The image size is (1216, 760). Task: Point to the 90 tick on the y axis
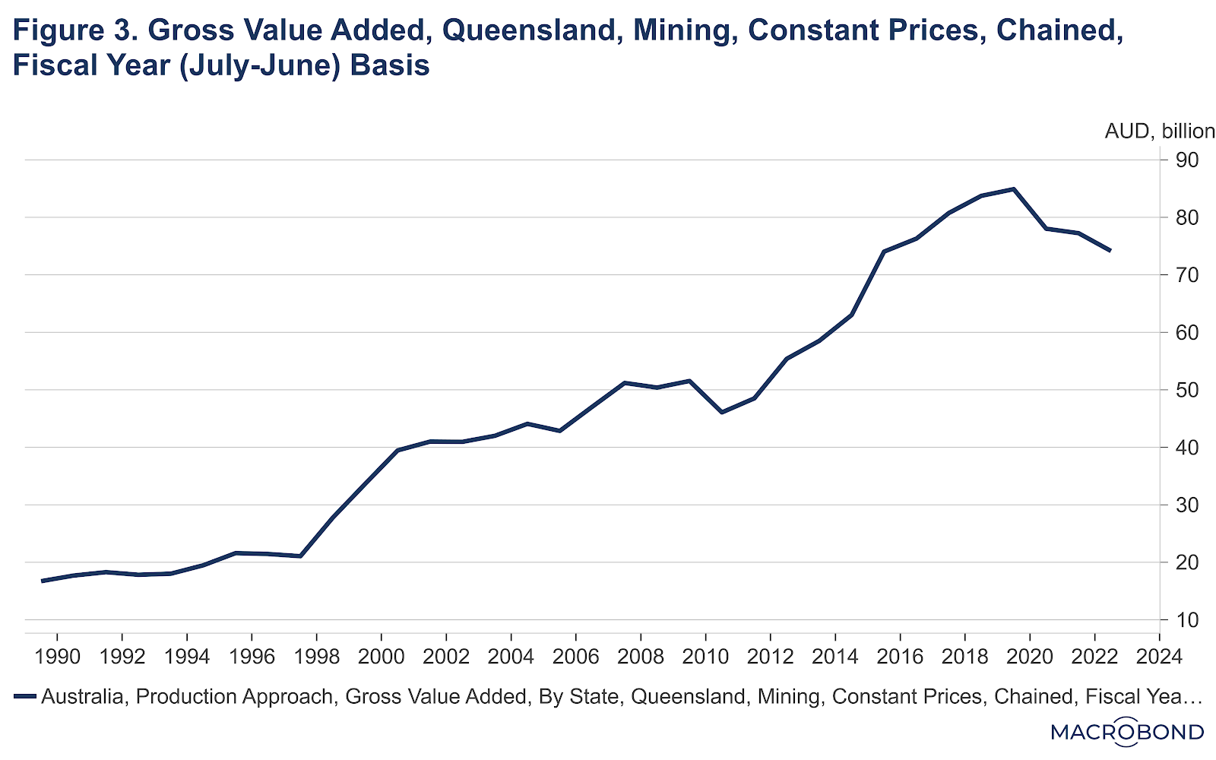click(x=1187, y=160)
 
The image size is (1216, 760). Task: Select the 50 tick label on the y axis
click(x=1187, y=390)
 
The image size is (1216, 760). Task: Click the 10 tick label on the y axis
click(x=1187, y=620)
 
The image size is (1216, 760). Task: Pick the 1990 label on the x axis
click(x=58, y=656)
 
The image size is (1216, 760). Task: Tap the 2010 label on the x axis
click(x=705, y=656)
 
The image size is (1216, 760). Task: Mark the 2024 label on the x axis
click(x=1159, y=656)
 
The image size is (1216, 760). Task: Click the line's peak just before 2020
click(x=1014, y=188)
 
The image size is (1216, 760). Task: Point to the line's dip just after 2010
click(x=722, y=412)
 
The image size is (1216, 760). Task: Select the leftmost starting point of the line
click(x=43, y=581)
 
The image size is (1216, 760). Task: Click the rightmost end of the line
click(x=1110, y=250)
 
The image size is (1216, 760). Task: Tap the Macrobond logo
click(x=1127, y=732)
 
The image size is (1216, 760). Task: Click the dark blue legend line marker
click(x=25, y=696)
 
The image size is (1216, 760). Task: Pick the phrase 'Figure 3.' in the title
click(x=74, y=30)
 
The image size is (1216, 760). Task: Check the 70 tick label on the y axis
click(x=1187, y=275)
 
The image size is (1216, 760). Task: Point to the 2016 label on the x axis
click(x=900, y=656)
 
